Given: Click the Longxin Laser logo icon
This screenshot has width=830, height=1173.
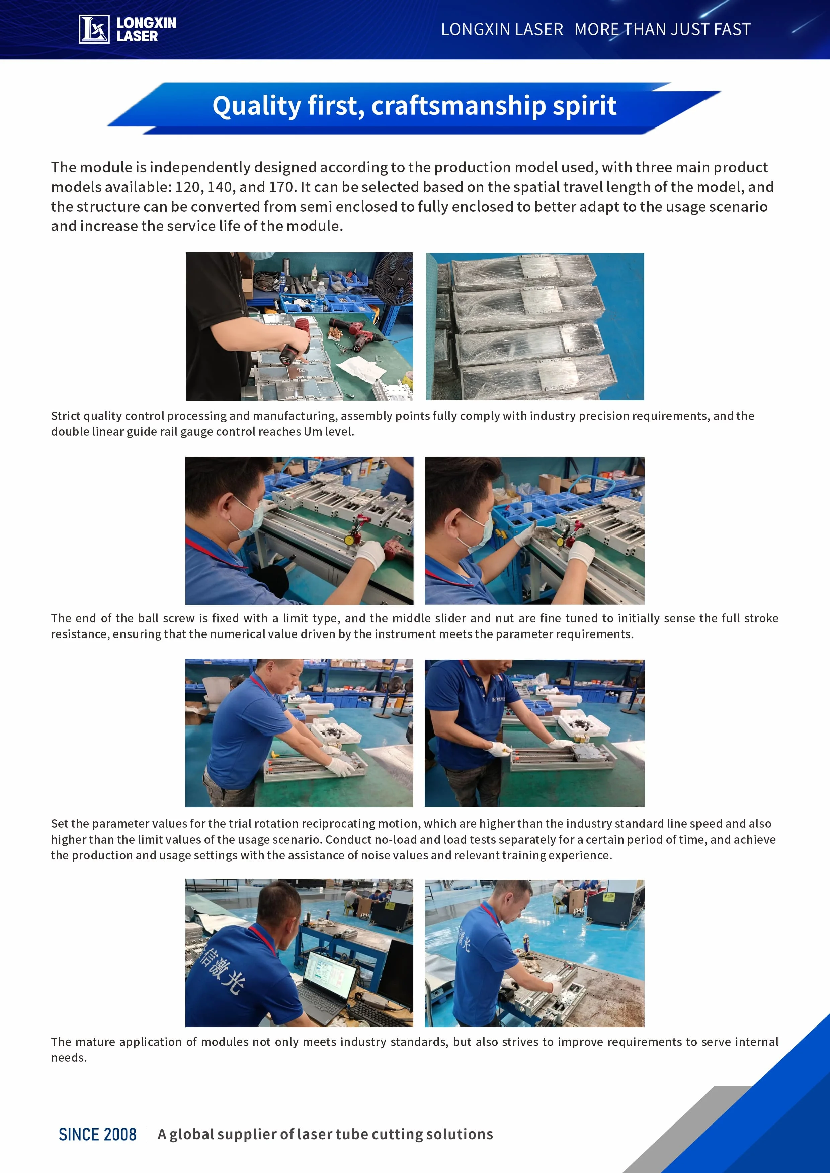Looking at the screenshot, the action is (x=94, y=29).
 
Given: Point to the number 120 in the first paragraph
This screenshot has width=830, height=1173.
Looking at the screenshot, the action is (x=187, y=187).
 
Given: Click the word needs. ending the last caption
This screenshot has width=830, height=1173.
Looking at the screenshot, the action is (x=69, y=1058).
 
